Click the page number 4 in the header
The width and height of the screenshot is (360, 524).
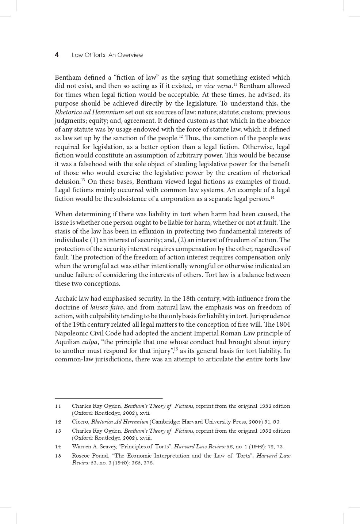click(x=57, y=55)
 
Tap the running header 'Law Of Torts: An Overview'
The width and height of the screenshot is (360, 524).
click(x=107, y=55)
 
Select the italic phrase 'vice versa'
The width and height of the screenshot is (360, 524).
click(x=218, y=86)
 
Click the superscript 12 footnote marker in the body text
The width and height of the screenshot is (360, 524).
click(x=181, y=137)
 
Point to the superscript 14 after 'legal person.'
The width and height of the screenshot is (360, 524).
click(x=272, y=197)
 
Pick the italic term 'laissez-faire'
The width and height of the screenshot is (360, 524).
click(x=107, y=307)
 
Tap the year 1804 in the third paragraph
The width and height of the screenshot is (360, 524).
click(x=283, y=324)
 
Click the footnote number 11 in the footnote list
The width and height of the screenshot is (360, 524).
click(x=58, y=406)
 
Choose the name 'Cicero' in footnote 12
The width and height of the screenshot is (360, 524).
click(x=80, y=422)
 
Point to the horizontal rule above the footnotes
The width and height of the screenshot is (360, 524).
click(x=108, y=398)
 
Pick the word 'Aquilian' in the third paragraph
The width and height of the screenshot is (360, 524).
click(x=67, y=342)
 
